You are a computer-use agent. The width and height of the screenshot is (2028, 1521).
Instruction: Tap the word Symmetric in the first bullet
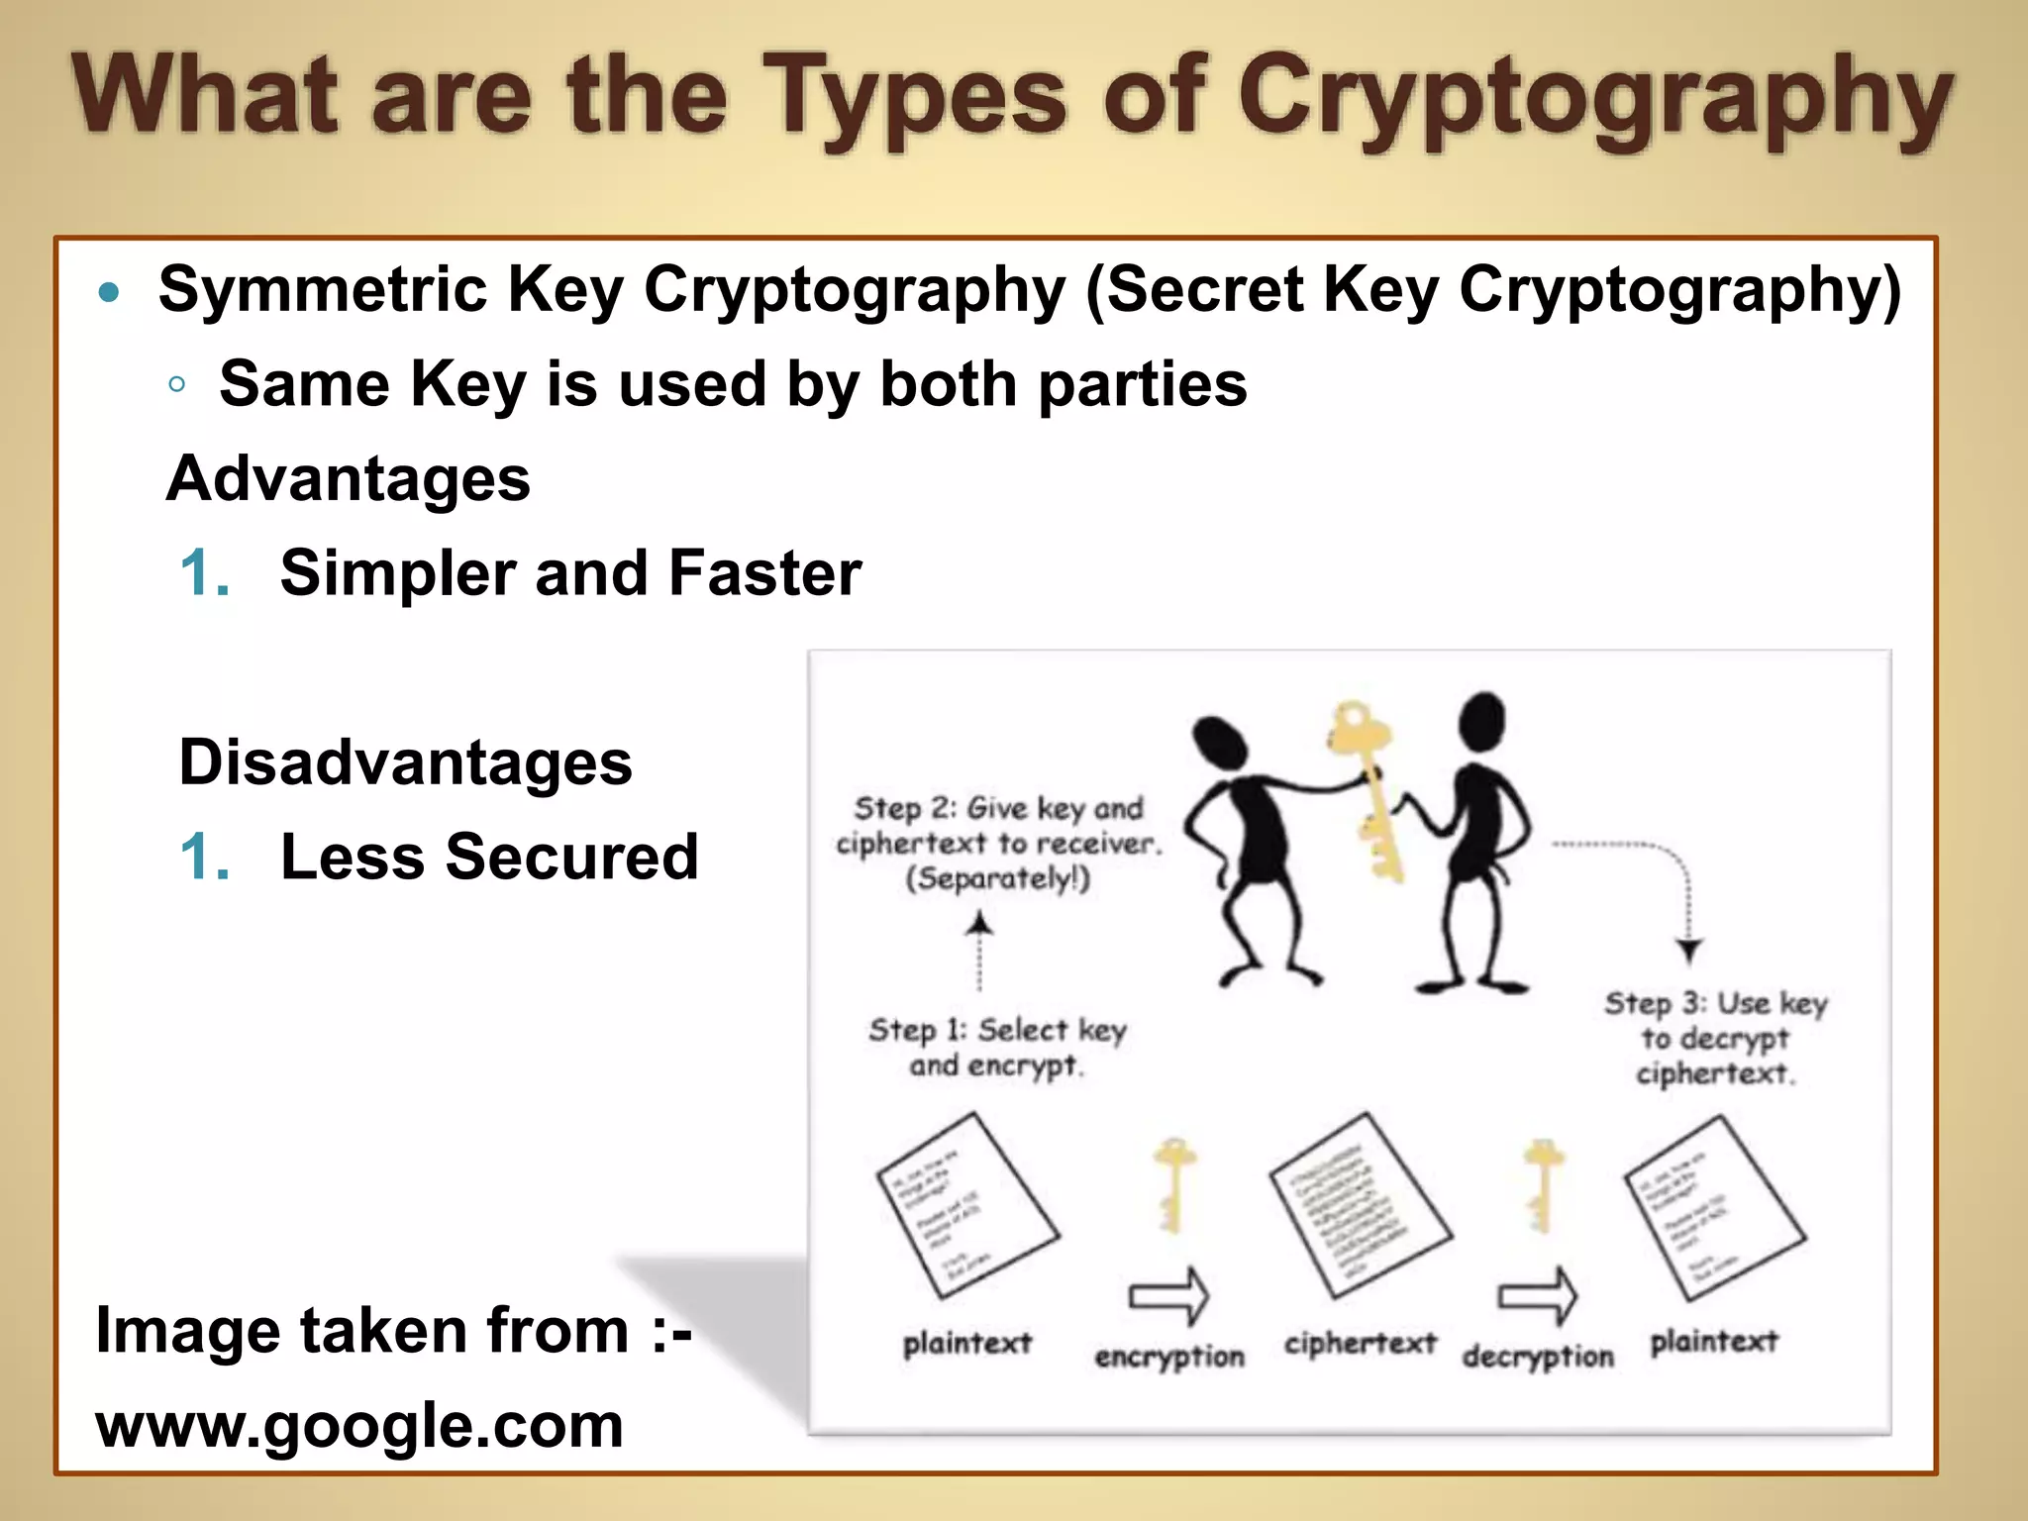click(323, 290)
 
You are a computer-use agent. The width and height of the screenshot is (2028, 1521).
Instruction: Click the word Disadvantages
click(405, 763)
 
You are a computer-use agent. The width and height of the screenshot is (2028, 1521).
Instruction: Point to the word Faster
click(764, 573)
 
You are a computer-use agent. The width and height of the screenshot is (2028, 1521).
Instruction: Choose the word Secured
click(572, 857)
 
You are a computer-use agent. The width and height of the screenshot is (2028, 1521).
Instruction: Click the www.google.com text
click(359, 1426)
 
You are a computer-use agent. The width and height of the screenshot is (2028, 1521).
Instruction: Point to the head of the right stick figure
click(1481, 720)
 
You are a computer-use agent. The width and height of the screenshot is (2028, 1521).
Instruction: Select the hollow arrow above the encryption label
click(1169, 1295)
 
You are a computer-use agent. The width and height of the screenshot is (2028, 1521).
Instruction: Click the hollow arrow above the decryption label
click(1538, 1295)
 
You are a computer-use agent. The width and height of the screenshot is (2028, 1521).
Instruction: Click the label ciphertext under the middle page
click(1360, 1344)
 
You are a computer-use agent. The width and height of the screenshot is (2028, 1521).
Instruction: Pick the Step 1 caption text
click(997, 1048)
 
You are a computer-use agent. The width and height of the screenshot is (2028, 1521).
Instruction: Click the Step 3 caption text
click(1715, 1038)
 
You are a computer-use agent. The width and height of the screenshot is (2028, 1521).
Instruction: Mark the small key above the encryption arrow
click(1173, 1183)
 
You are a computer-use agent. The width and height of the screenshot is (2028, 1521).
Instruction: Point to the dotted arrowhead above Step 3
click(1689, 951)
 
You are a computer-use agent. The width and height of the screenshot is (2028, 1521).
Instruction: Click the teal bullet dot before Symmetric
click(110, 292)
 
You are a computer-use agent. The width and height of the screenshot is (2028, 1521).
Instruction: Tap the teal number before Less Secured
click(205, 857)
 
